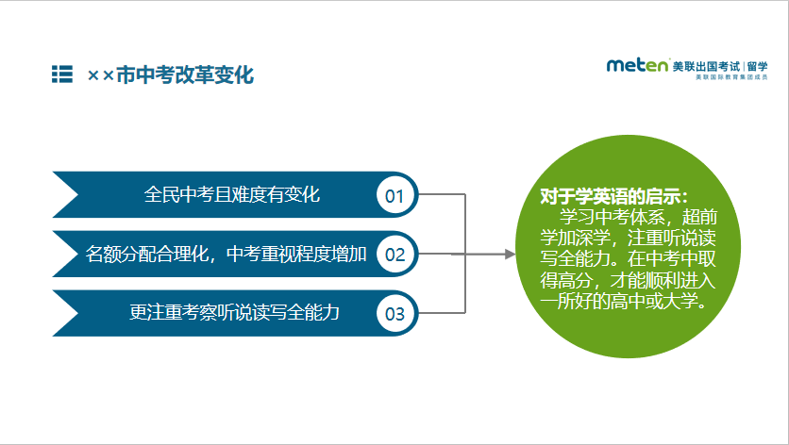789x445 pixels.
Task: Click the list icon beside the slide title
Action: (62, 74)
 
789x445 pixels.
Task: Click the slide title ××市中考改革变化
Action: (171, 74)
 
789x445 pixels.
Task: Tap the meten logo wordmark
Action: (638, 65)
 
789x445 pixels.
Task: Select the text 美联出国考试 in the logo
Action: (706, 66)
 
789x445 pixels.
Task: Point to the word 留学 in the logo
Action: (758, 66)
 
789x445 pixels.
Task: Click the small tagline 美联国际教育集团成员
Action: (731, 77)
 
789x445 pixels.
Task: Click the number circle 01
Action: (395, 195)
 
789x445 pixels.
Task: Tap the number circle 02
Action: (395, 255)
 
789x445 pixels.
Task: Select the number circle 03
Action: (395, 314)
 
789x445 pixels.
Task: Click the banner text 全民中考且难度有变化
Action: (232, 194)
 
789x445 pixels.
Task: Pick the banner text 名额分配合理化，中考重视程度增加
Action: (226, 254)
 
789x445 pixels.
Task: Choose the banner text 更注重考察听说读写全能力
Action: (234, 312)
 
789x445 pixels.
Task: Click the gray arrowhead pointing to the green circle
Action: (511, 255)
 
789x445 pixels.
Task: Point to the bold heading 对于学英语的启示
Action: (613, 196)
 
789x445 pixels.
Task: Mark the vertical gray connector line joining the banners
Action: (465, 254)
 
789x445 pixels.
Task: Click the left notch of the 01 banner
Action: (66, 194)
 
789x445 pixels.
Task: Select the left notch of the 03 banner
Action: (66, 313)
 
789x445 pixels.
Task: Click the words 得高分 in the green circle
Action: (566, 280)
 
